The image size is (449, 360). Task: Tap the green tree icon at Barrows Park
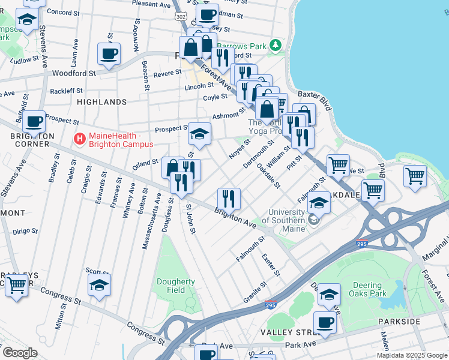point(275,45)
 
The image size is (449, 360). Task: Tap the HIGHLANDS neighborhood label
point(101,102)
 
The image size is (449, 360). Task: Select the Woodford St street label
point(74,73)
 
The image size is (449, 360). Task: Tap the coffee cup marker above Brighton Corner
point(34,122)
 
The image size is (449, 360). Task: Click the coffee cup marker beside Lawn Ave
point(109,54)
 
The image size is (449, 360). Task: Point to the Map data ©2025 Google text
point(411,355)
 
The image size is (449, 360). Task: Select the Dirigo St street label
point(25,230)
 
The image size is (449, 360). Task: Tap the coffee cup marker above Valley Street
point(325,322)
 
